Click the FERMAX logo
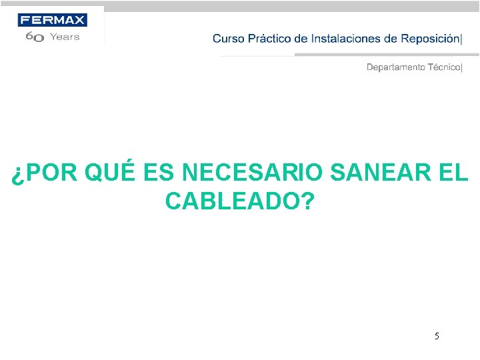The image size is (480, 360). point(52,20)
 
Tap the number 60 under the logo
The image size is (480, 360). point(35,38)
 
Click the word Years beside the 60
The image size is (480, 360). point(65,37)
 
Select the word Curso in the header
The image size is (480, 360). point(228,39)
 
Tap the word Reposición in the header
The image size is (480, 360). point(430,39)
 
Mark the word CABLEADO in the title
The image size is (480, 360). point(233,201)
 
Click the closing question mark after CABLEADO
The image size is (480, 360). point(307,201)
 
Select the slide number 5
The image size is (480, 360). point(437,336)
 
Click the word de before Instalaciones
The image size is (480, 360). point(301,39)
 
